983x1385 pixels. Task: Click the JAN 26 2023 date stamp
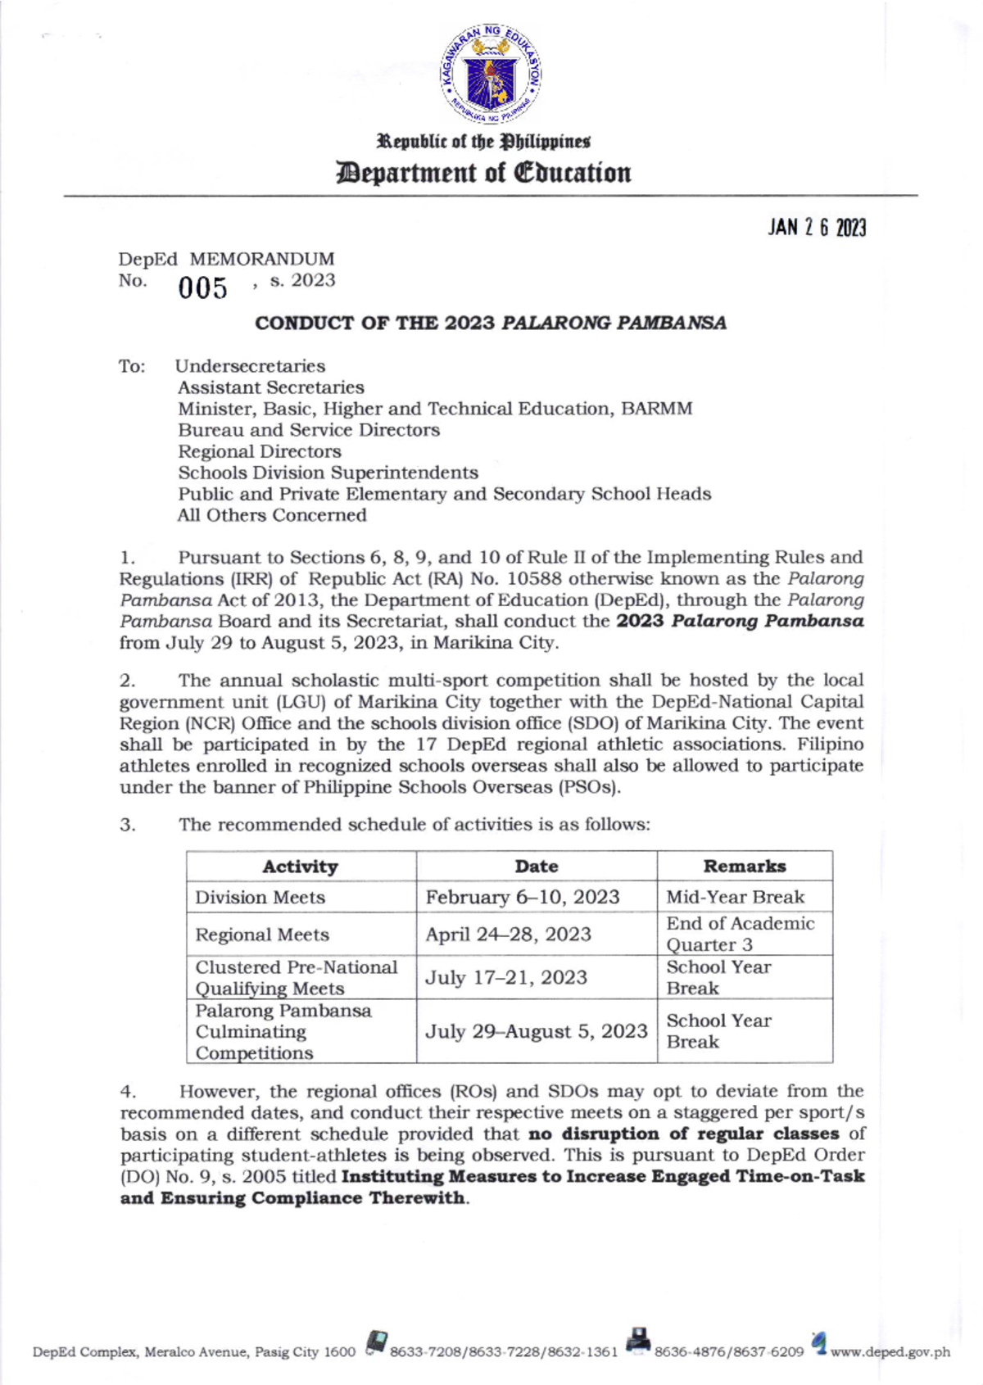[816, 229]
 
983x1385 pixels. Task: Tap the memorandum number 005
[202, 288]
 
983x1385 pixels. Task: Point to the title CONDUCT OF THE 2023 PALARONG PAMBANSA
[490, 324]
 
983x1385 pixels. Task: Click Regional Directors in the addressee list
[260, 451]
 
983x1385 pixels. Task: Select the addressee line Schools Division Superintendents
[328, 473]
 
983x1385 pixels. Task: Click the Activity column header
[300, 867]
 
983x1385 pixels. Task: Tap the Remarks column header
[744, 867]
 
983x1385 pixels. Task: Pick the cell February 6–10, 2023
[522, 897]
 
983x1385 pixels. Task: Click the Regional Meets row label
[262, 935]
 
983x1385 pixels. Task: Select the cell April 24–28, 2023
[508, 935]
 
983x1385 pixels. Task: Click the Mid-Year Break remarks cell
[735, 897]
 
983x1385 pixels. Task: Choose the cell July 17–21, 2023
[505, 977]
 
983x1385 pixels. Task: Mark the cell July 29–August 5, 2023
[536, 1031]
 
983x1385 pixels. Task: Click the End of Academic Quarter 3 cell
[740, 934]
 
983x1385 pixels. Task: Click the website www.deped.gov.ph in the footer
[890, 1351]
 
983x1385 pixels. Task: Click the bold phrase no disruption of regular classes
[683, 1134]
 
